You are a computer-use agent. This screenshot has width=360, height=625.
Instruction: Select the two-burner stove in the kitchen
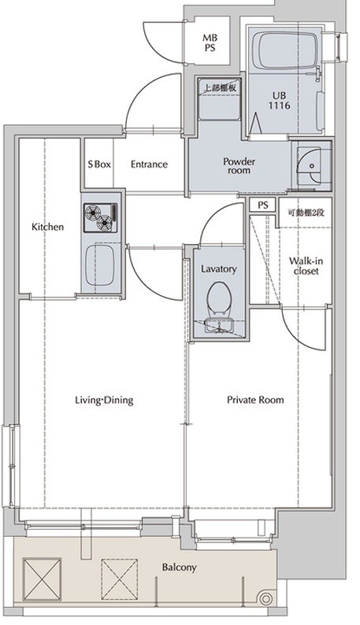click(100, 217)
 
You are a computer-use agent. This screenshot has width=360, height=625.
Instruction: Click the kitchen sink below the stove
click(100, 264)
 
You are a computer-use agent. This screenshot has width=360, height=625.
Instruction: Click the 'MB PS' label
click(210, 43)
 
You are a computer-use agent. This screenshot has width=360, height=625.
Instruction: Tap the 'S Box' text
click(99, 165)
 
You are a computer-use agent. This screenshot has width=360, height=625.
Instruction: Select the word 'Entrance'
click(149, 165)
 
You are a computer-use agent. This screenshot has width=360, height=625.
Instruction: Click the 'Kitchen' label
click(47, 227)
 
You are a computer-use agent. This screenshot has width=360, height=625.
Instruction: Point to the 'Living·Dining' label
click(104, 400)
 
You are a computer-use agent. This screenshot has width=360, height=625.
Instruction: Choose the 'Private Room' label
click(255, 399)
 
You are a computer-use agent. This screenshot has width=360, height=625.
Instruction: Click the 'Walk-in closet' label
click(306, 266)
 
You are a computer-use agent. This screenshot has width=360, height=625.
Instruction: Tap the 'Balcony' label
click(179, 568)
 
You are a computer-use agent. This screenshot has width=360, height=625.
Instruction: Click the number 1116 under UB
click(279, 105)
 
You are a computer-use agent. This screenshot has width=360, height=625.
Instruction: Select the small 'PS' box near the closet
click(262, 205)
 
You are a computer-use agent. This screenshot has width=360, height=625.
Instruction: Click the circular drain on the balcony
click(265, 598)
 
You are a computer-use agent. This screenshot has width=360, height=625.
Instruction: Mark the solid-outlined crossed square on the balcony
click(42, 579)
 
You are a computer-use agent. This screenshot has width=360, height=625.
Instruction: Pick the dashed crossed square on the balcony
click(119, 579)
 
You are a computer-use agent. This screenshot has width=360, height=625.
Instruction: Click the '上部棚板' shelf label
click(221, 87)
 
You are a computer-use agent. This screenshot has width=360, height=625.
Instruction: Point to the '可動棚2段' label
click(306, 213)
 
